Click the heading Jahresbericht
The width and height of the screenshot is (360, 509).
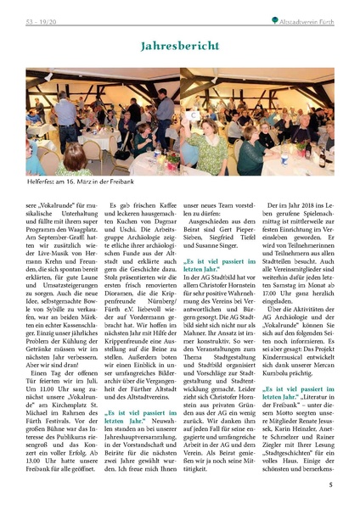(179, 45)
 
